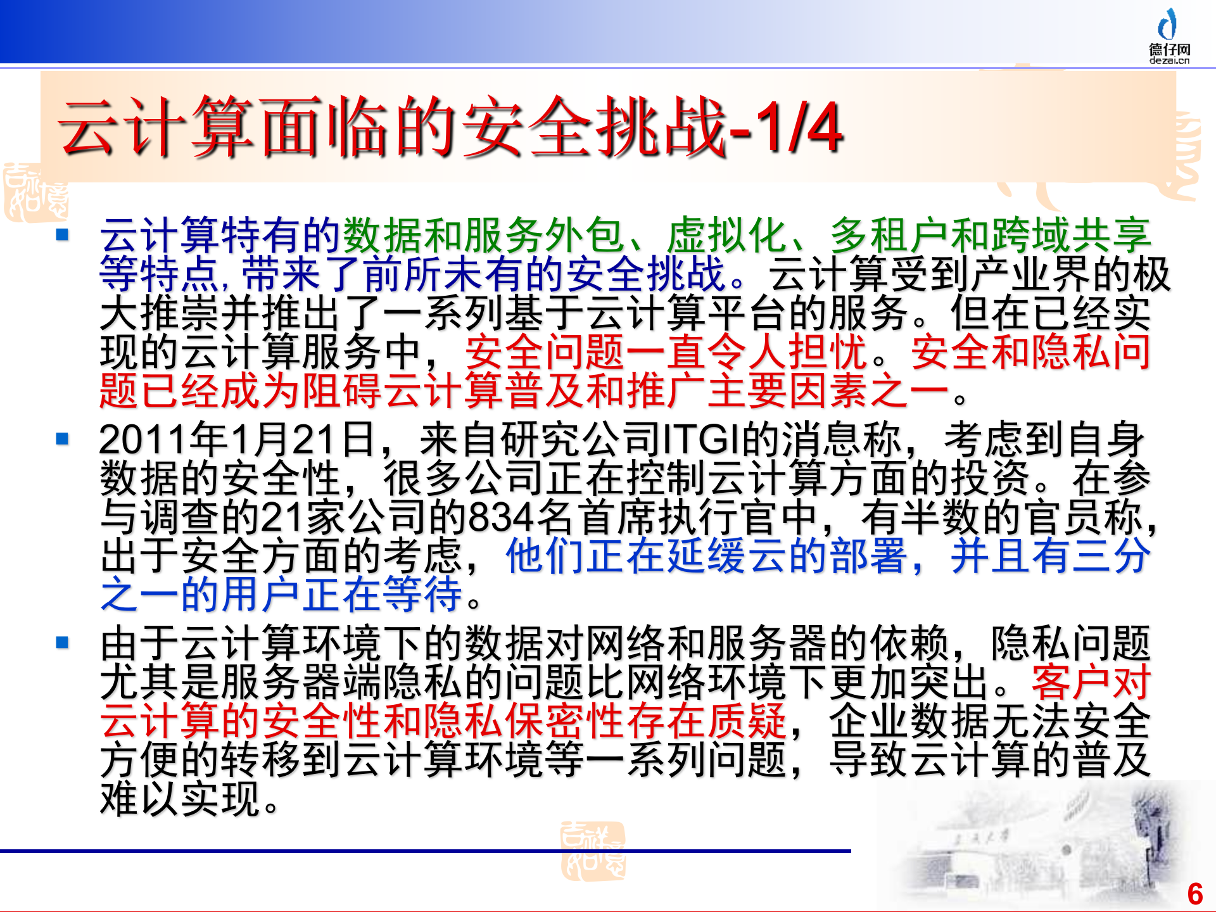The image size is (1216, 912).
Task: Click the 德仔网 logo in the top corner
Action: click(1169, 36)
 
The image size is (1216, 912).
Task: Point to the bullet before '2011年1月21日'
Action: click(62, 439)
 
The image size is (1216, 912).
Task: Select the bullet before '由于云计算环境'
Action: click(62, 643)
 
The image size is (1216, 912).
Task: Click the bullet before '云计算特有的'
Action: click(62, 235)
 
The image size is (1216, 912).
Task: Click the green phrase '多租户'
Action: click(890, 235)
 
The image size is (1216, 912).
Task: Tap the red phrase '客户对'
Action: click(1091, 682)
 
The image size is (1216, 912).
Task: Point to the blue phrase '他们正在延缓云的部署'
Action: click(706, 556)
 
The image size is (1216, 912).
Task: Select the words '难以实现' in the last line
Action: click(181, 799)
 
